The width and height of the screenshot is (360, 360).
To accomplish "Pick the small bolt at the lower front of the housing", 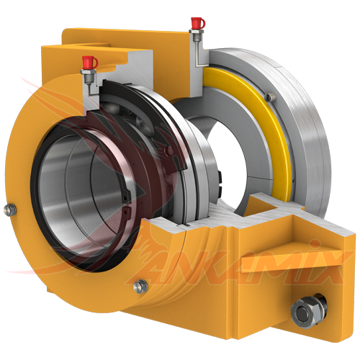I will pyautogui.click(x=141, y=286).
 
